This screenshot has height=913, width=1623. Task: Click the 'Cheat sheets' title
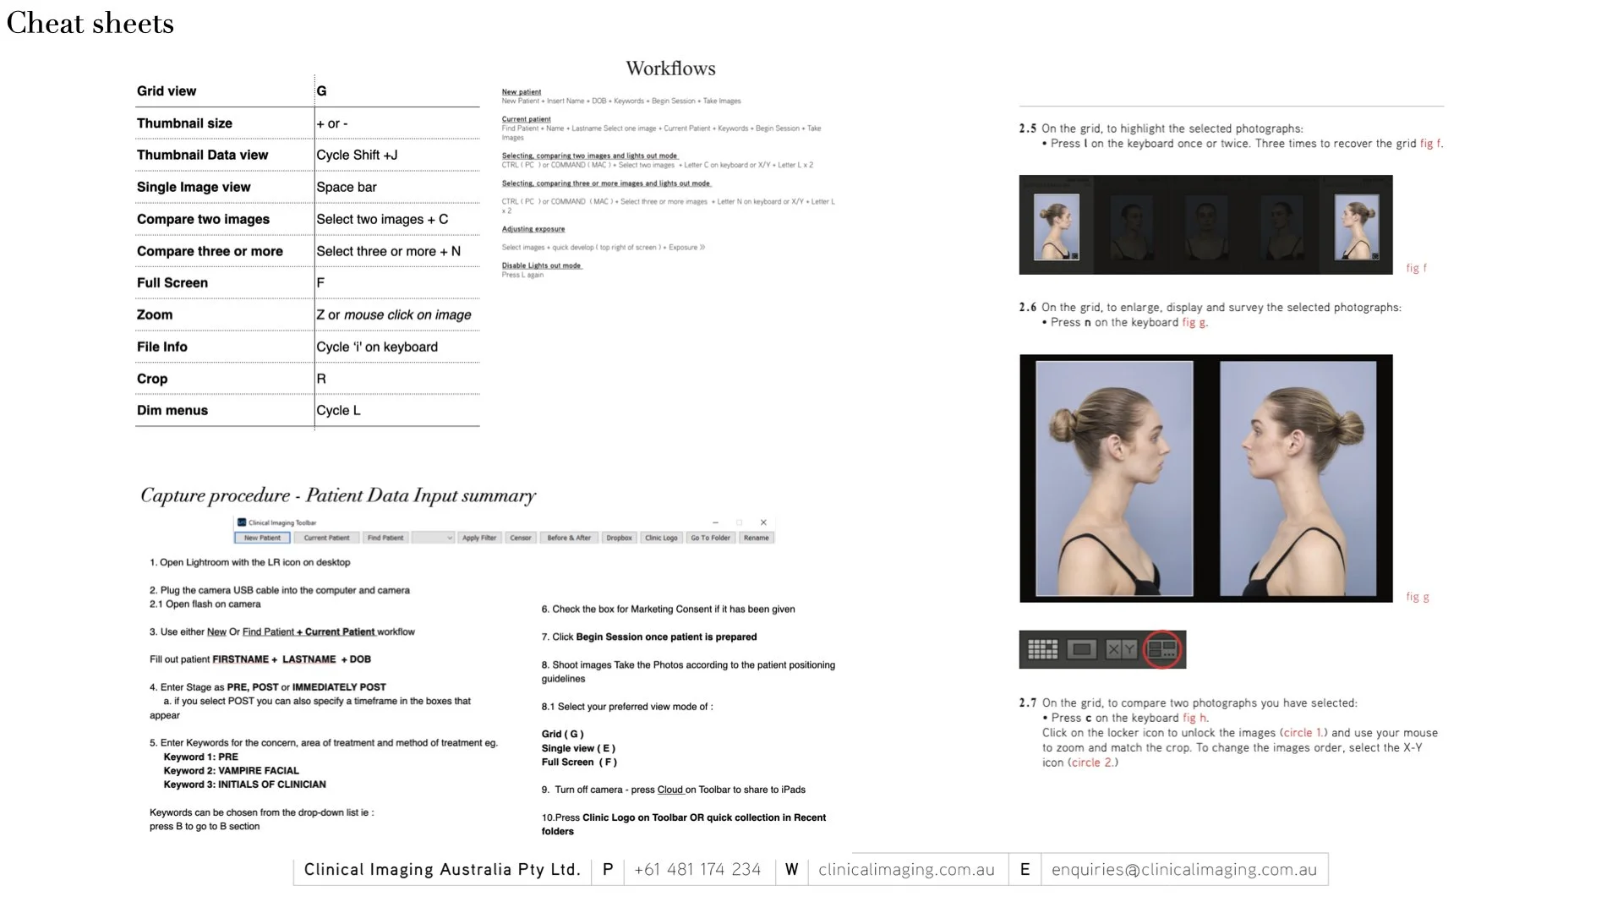(x=90, y=24)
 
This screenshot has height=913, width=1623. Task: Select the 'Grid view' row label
(x=167, y=91)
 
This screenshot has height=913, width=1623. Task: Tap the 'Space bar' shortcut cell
(x=347, y=187)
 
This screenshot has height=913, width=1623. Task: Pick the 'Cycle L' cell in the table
(x=338, y=410)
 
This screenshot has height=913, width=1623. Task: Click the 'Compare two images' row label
(x=203, y=219)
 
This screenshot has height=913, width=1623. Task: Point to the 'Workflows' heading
(x=670, y=68)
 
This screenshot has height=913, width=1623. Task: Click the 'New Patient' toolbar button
(x=262, y=538)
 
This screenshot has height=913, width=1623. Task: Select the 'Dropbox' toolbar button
(x=619, y=538)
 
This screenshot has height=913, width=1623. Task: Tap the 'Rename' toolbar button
(x=757, y=538)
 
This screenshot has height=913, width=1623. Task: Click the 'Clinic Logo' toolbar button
(x=661, y=538)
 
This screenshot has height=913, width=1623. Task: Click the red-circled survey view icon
(x=1162, y=649)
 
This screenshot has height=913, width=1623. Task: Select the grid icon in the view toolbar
(x=1042, y=649)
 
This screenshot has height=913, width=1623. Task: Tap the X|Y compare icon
(x=1122, y=649)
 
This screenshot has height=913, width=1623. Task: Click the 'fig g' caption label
(x=1418, y=597)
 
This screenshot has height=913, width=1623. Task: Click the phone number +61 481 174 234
(x=697, y=870)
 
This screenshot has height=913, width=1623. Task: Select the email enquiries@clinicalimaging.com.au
(x=1184, y=870)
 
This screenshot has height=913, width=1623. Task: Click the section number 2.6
(x=1027, y=308)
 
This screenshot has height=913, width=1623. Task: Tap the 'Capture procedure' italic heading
(x=338, y=495)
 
